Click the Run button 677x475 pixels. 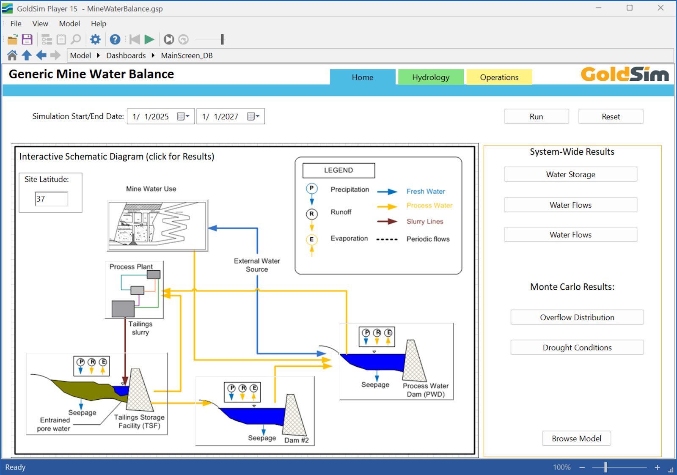(x=536, y=117)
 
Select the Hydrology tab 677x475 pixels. (x=431, y=77)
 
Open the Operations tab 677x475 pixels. (x=499, y=77)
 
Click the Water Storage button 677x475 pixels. (x=570, y=174)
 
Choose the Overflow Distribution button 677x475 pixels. (x=577, y=317)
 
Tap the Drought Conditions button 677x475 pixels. (x=577, y=348)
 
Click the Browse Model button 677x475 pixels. (x=576, y=439)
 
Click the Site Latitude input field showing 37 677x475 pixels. (x=51, y=199)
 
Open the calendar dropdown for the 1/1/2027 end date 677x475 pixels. (x=253, y=117)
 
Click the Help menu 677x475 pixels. (x=98, y=24)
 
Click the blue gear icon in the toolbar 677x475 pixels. (x=95, y=40)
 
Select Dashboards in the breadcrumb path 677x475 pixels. (x=126, y=56)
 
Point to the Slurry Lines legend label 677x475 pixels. (x=425, y=222)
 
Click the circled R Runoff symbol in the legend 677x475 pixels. (x=311, y=214)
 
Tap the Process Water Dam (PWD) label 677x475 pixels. (x=425, y=390)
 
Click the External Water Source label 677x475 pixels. (x=257, y=265)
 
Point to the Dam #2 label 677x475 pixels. (x=296, y=440)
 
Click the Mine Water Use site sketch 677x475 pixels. (x=157, y=225)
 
